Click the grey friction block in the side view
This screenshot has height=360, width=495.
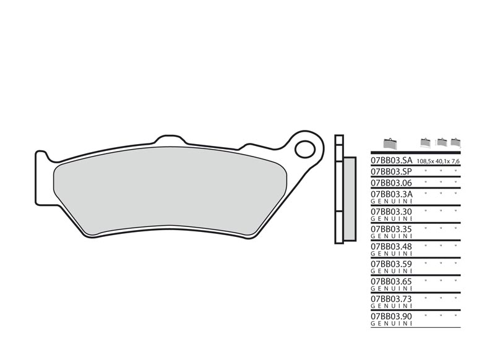coord(349,198)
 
